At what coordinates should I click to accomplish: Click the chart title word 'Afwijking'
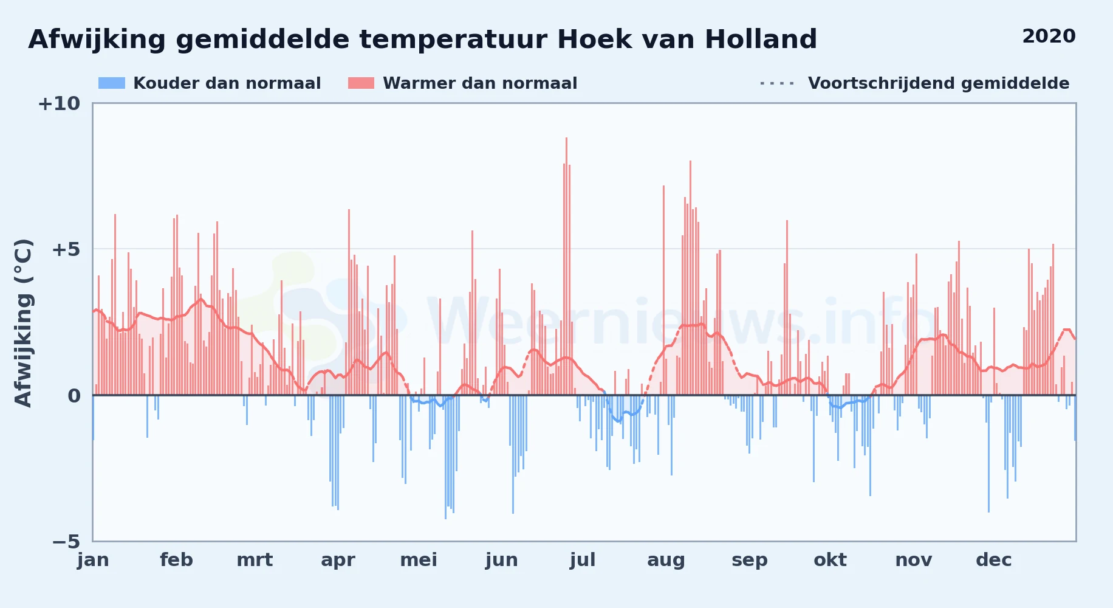tap(97, 40)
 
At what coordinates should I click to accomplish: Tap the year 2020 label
tap(1049, 36)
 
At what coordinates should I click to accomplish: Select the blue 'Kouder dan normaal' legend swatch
tap(112, 83)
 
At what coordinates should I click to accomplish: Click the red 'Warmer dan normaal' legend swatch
tap(361, 83)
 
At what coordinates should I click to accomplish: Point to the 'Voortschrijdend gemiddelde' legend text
tap(939, 83)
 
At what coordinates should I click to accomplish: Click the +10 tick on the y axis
tap(59, 103)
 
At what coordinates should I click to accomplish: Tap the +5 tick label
tap(66, 249)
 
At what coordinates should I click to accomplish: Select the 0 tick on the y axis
tap(74, 396)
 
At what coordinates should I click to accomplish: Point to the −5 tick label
tap(66, 542)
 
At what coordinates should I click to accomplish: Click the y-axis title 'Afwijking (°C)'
tap(23, 323)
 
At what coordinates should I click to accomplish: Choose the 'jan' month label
tap(93, 560)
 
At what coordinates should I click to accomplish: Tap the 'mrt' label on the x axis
tap(255, 560)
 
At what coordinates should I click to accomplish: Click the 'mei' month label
tap(419, 560)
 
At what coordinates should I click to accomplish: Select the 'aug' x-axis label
tap(666, 560)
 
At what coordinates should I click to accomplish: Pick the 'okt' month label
tap(830, 560)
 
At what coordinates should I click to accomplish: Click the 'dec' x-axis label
tap(994, 560)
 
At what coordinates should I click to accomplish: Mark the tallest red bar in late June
tap(566, 266)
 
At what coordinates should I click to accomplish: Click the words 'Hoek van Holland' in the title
tap(687, 40)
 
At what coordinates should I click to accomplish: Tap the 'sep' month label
tap(750, 560)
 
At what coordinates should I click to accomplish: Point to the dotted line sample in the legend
tap(777, 83)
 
